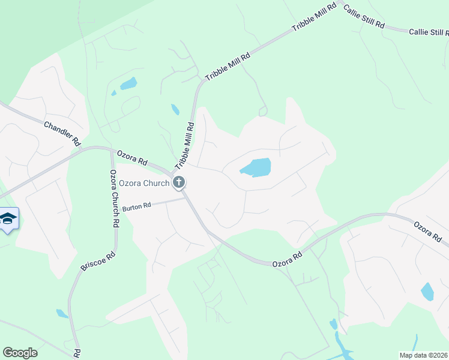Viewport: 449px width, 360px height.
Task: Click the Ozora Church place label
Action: [136, 183]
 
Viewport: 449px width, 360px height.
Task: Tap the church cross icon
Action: [178, 182]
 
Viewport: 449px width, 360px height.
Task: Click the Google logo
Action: [20, 353]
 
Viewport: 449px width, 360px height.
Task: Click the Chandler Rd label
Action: [62, 133]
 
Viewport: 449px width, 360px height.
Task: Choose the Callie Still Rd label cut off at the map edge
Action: [429, 32]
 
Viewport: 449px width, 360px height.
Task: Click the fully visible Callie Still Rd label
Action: [364, 16]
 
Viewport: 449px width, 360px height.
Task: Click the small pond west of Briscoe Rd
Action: [62, 313]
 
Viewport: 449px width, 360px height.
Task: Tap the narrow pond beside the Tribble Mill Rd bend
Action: [175, 109]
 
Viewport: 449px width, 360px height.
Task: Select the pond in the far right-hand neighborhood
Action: [427, 292]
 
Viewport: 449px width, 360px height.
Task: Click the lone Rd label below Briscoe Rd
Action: [77, 353]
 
